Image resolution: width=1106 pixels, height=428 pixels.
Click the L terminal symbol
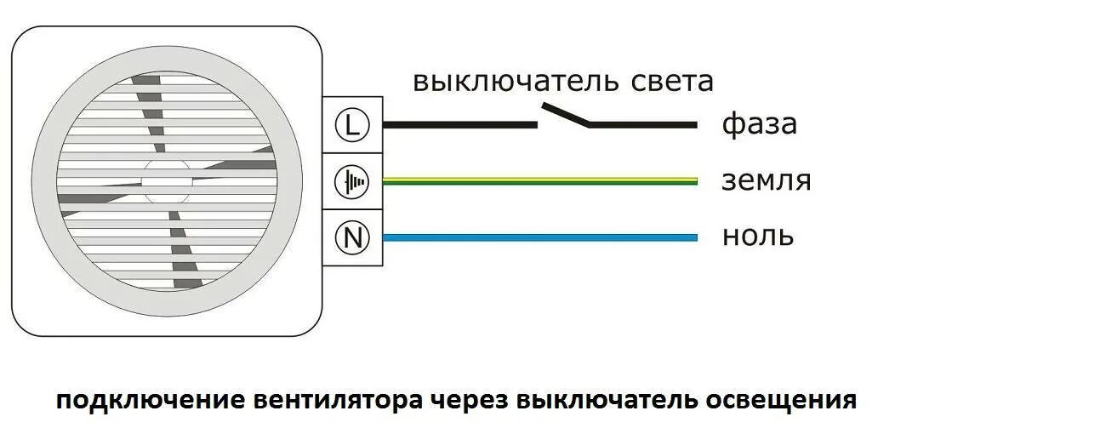pos(352,126)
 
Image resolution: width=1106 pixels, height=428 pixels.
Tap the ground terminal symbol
pos(352,182)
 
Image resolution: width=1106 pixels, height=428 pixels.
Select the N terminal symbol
pos(352,238)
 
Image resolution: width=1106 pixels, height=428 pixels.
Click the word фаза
pos(759,125)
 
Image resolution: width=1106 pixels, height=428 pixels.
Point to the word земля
pos(766,180)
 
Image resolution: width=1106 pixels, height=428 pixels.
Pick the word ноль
pos(757,236)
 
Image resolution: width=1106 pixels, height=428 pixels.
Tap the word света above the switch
pos(672,82)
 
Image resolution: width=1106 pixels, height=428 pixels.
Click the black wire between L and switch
pos(459,125)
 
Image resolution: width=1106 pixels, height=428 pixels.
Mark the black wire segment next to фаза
pos(644,125)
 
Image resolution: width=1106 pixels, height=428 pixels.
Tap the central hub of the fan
pos(166,180)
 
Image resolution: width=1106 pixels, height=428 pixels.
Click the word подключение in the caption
pos(151,401)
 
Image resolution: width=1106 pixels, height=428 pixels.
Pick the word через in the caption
pos(471,401)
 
